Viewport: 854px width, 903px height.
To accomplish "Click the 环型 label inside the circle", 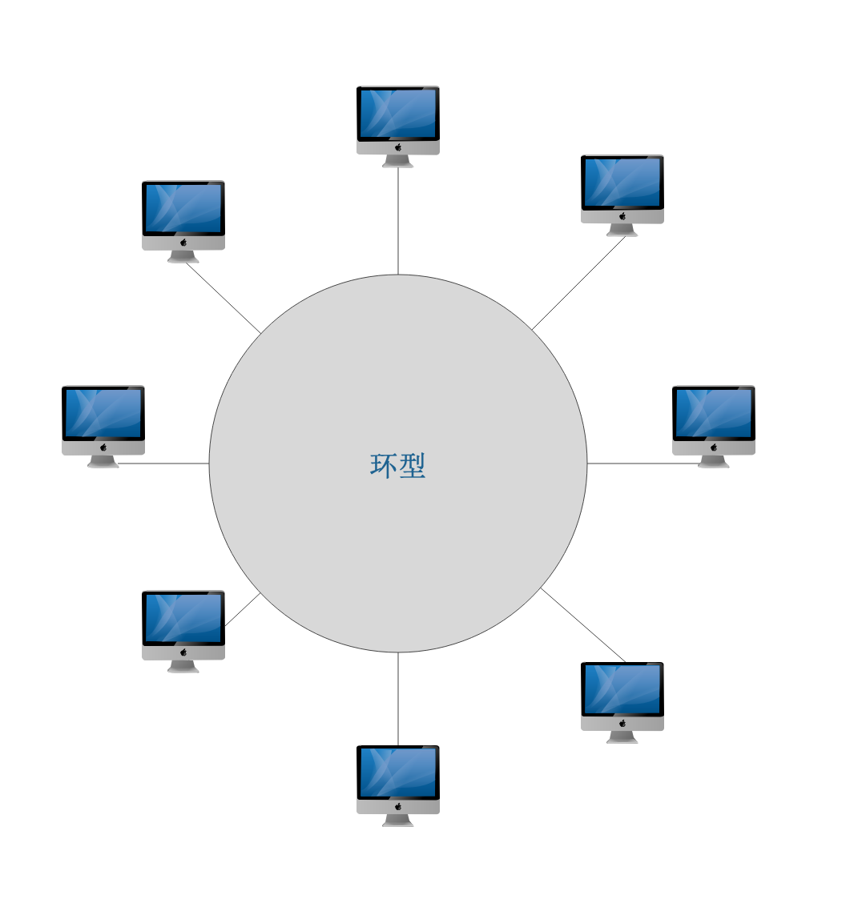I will pos(397,465).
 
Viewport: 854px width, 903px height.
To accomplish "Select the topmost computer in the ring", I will pos(397,120).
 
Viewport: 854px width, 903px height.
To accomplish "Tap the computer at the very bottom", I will pos(397,780).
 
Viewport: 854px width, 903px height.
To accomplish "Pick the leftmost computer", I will pos(103,420).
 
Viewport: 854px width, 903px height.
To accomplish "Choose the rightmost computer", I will pos(713,420).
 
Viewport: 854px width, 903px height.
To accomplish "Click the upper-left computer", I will pos(183,215).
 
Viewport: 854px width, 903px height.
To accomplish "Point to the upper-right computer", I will pos(622,190).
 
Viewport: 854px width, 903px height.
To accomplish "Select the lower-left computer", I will pos(183,626).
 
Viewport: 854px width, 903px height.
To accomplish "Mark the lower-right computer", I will pos(622,696).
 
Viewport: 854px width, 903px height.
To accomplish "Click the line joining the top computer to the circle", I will pos(398,221).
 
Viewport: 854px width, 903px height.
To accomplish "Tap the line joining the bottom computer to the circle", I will pos(398,698).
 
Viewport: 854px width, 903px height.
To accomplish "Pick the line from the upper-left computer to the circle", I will pos(224,298).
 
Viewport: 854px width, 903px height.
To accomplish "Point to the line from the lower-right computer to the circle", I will pos(582,624).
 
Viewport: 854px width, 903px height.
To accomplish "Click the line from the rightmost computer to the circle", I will pos(641,463).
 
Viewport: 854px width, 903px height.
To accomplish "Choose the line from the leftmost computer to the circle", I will pos(164,463).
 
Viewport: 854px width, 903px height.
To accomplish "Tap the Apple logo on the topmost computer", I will pos(398,147).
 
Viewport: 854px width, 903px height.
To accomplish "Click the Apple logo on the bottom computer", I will pos(398,807).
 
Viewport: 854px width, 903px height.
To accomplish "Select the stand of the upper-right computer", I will pos(622,231).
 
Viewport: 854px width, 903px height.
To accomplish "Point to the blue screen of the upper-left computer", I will pos(183,208).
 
